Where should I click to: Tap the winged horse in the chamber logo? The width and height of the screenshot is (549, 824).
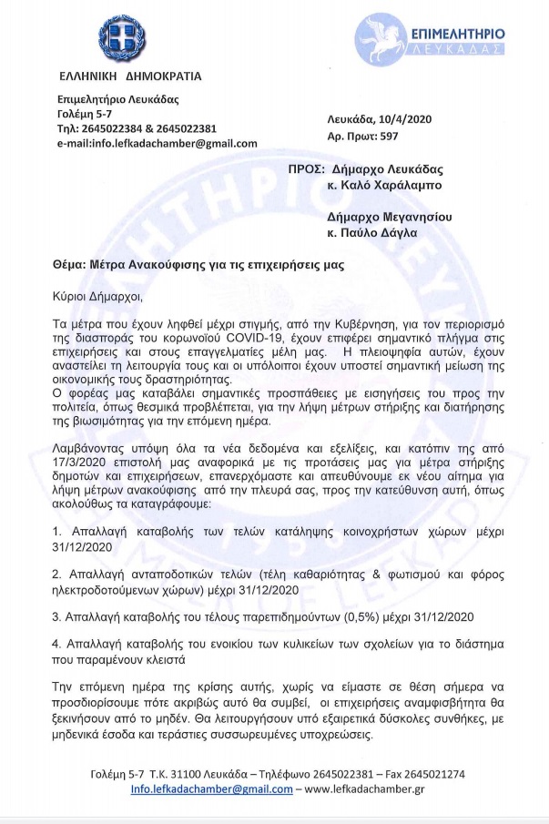point(385,35)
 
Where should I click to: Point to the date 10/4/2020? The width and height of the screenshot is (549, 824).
point(398,119)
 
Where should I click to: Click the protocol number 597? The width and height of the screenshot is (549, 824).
point(387,136)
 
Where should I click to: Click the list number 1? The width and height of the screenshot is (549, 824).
point(56,529)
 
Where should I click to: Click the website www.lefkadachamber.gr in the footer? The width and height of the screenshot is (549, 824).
point(373,788)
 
